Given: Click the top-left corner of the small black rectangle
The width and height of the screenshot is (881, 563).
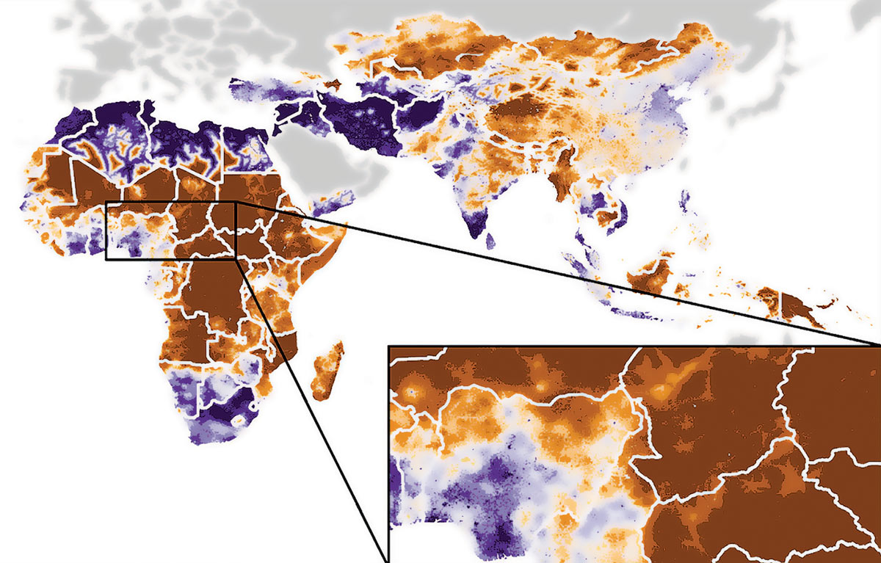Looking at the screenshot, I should pos(106,202).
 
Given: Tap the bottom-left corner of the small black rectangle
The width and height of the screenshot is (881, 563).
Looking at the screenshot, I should pos(106,259).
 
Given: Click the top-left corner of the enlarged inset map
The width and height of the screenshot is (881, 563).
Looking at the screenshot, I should pos(388,346).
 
